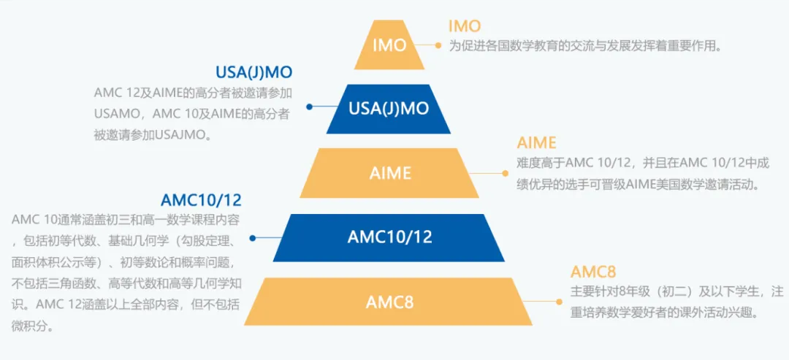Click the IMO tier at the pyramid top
pyautogui.click(x=389, y=45)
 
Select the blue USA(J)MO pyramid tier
pyautogui.click(x=389, y=109)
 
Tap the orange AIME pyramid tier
pyautogui.click(x=389, y=173)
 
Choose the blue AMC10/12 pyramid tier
pyautogui.click(x=389, y=237)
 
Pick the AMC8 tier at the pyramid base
pyautogui.click(x=389, y=302)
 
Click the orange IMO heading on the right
pyautogui.click(x=465, y=26)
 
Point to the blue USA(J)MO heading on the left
pyautogui.click(x=254, y=72)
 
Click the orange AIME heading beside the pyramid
pyautogui.click(x=536, y=142)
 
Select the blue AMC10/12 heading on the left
pyautogui.click(x=201, y=199)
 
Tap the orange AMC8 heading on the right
pyautogui.click(x=593, y=272)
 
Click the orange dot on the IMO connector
pyautogui.click(x=438, y=45)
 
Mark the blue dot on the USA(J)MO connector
pyautogui.click(x=309, y=107)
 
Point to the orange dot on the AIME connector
pyautogui.click(x=503, y=174)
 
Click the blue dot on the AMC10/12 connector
pyautogui.click(x=253, y=238)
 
